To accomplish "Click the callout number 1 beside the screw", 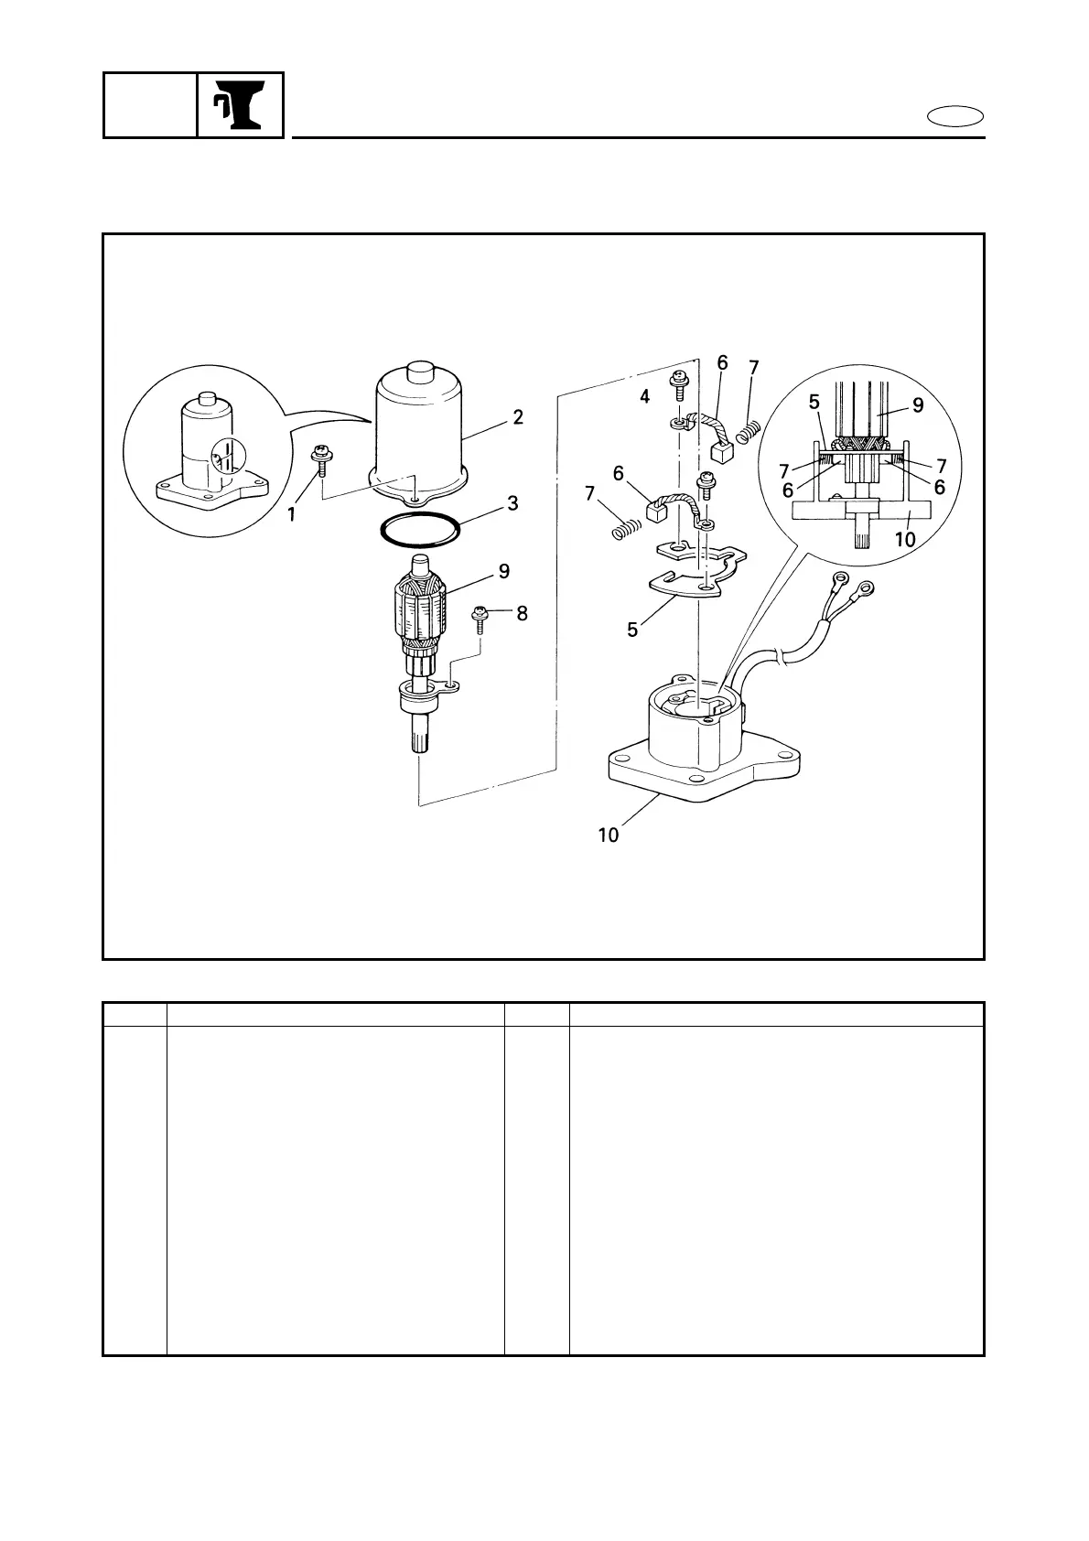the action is point(292,515).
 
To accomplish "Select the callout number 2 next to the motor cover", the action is point(518,417).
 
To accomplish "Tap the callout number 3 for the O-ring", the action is point(512,503).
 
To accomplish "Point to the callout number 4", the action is point(645,397).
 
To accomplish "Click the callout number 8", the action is point(522,613).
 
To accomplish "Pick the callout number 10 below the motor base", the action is point(609,835).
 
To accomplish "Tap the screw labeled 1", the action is point(322,460).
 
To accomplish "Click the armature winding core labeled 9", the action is point(424,608).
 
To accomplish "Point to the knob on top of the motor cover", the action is point(422,372).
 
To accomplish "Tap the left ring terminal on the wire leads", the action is point(838,579).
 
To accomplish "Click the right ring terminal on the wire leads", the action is point(865,588).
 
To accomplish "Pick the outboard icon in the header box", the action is point(241,105).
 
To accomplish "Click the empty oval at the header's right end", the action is point(955,117).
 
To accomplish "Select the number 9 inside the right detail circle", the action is point(917,405).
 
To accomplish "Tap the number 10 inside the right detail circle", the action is point(904,539).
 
